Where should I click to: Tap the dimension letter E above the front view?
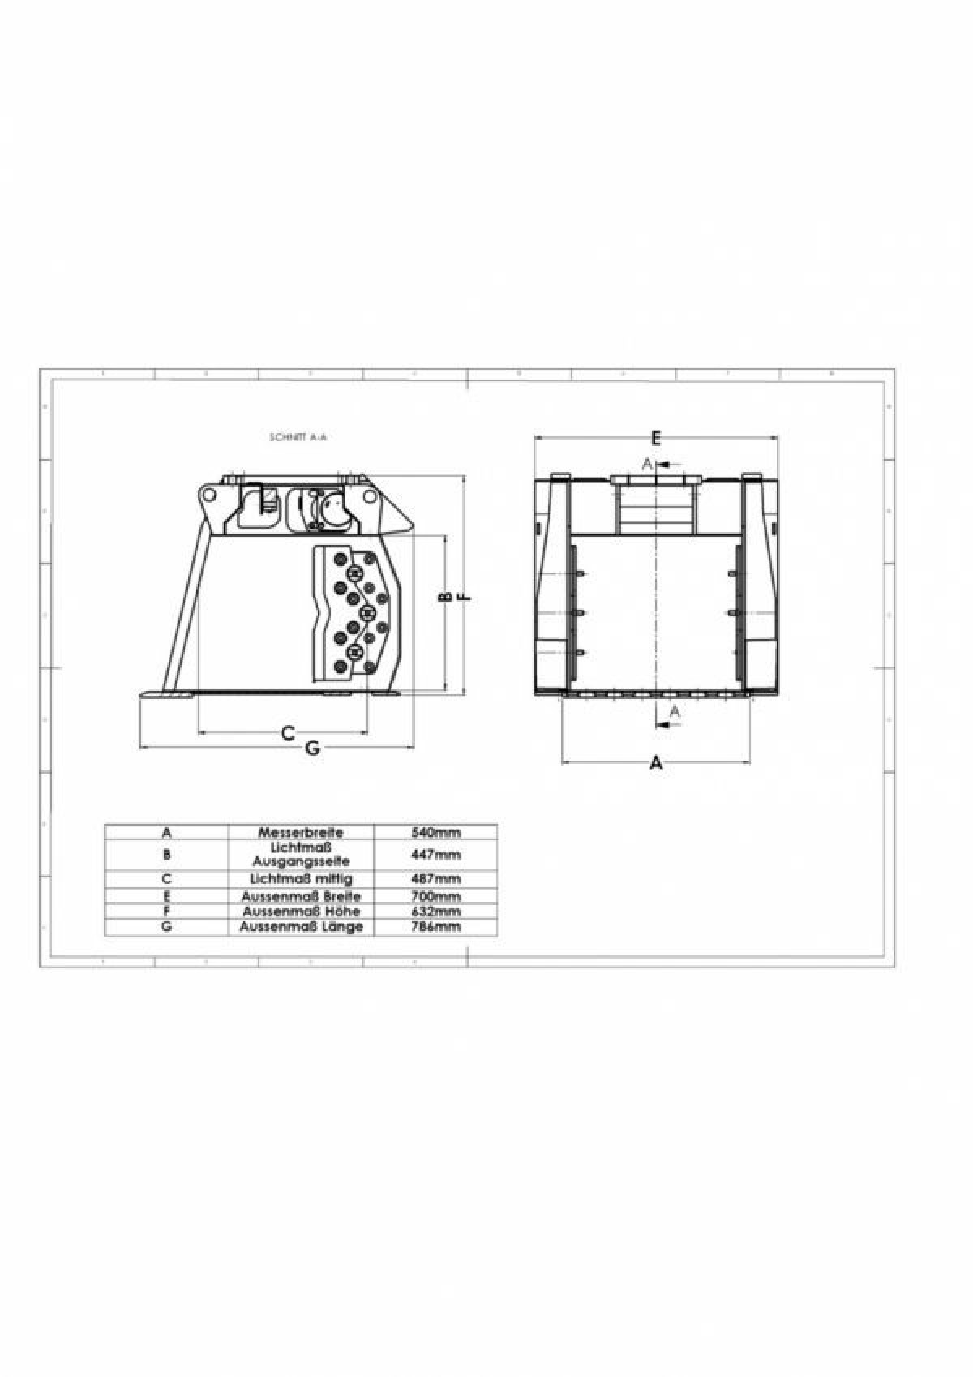(x=656, y=438)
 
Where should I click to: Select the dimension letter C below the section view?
(x=287, y=733)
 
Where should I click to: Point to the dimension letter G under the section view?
(x=313, y=749)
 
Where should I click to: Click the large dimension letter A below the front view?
(x=657, y=764)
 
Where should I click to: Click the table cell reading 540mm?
(x=435, y=833)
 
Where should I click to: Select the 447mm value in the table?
(x=435, y=855)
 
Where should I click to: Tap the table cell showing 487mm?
(x=435, y=879)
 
